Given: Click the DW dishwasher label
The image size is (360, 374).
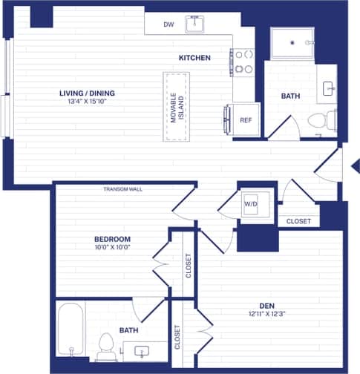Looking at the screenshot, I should (x=169, y=24).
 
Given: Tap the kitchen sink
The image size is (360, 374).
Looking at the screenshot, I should (x=195, y=24).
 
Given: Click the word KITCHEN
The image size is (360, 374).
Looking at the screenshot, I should (x=194, y=58).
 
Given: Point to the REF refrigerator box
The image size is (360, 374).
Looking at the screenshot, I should (x=245, y=120).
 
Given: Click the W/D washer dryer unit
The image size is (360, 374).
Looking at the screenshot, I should (x=252, y=201).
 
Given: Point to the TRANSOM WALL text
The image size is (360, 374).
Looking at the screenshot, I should (x=122, y=189).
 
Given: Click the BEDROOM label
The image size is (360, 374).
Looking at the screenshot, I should (x=112, y=239).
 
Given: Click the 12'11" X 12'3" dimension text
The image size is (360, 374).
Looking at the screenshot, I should (x=268, y=314).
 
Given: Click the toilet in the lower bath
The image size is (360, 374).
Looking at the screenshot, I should (x=105, y=344).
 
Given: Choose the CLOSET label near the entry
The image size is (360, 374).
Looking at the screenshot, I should (x=298, y=220).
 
